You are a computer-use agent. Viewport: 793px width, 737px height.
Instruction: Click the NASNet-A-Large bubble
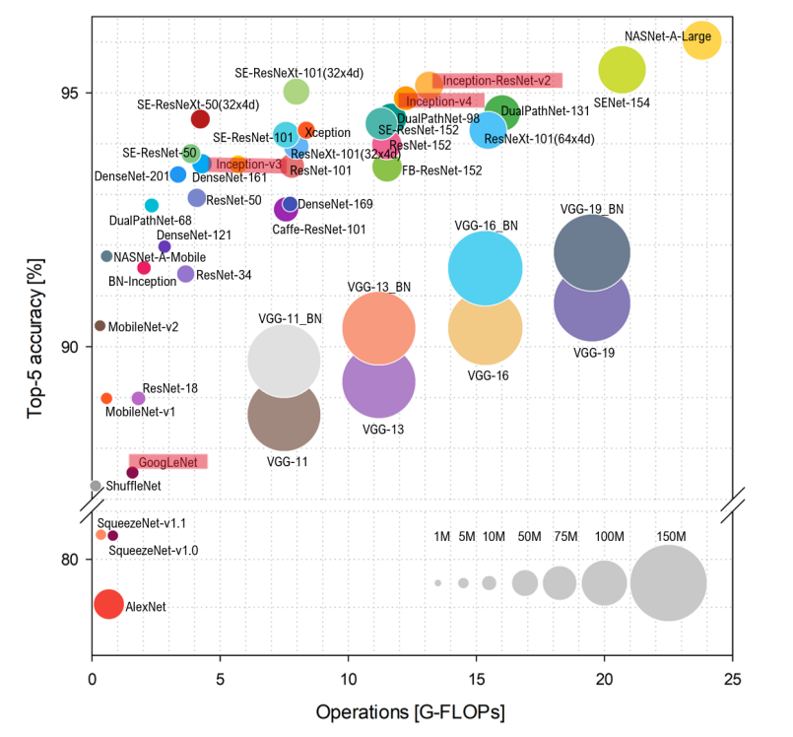coord(702,39)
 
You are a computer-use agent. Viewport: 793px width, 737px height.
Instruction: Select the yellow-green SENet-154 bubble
coord(622,69)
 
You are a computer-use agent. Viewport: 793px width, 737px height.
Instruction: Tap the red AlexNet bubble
coord(108,604)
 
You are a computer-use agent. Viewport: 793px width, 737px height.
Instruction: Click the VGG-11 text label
coord(287,461)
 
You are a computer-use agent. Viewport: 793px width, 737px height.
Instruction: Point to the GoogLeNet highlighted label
coord(167,461)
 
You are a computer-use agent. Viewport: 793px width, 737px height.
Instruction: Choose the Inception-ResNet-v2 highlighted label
coord(496,80)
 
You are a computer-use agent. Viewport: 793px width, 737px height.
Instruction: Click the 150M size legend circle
coord(668,583)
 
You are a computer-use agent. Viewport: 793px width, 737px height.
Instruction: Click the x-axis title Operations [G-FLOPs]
coord(412,710)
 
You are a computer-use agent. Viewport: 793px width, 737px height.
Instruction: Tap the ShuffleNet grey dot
coord(96,485)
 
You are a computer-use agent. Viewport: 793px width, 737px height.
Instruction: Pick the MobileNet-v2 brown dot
coord(99,325)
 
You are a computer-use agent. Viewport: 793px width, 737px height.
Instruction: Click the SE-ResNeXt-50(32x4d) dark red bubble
coord(200,119)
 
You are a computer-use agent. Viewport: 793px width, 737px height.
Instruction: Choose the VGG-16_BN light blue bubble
coord(485,268)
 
